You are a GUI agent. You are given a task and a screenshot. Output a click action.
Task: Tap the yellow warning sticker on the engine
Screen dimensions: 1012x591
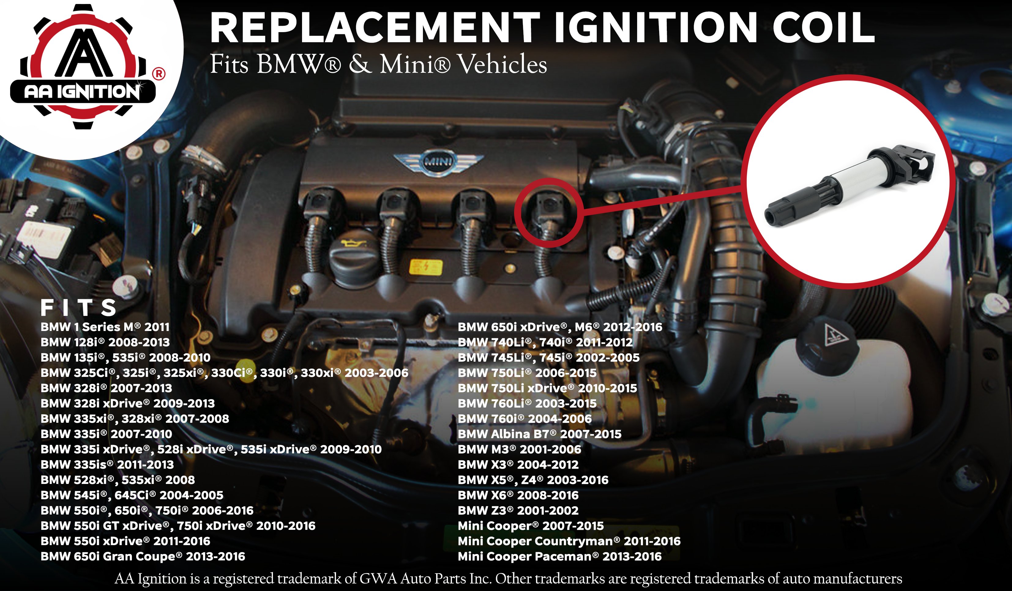(426, 267)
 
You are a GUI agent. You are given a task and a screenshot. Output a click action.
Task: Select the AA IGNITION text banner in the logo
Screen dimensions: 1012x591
(82, 91)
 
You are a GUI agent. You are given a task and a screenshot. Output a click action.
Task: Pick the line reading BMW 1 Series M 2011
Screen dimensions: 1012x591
(105, 327)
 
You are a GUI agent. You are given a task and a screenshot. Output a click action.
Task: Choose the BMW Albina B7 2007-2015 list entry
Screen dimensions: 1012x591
(539, 434)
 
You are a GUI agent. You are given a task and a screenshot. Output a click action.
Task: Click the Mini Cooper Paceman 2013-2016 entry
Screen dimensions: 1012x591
(559, 556)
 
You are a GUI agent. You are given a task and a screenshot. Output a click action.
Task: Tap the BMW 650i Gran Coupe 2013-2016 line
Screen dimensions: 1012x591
(143, 556)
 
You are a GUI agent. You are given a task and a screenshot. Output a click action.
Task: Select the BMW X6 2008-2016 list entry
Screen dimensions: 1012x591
(518, 495)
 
